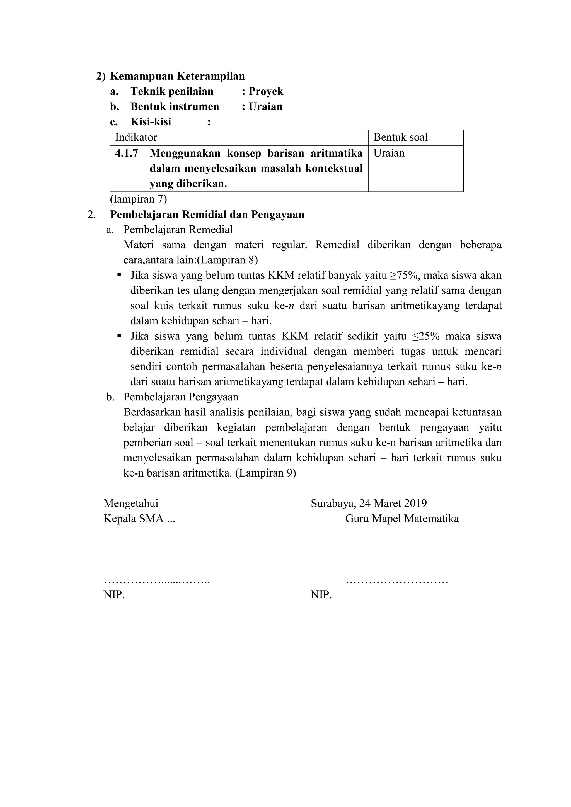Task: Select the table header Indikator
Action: [x=136, y=137]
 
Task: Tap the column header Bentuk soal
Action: [x=400, y=137]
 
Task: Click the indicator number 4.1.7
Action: [x=127, y=153]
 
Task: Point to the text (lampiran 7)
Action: [x=138, y=199]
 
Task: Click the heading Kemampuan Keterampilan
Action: [x=177, y=76]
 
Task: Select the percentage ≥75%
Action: [x=404, y=275]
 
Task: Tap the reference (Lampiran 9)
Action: [x=265, y=473]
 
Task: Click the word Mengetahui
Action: [x=131, y=504]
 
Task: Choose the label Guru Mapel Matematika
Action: [x=402, y=519]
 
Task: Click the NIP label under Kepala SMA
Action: [x=114, y=595]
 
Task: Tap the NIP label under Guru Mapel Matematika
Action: [x=321, y=595]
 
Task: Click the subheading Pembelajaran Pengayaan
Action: [x=181, y=397]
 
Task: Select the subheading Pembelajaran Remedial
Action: [x=178, y=230]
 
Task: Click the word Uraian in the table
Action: [x=389, y=153]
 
